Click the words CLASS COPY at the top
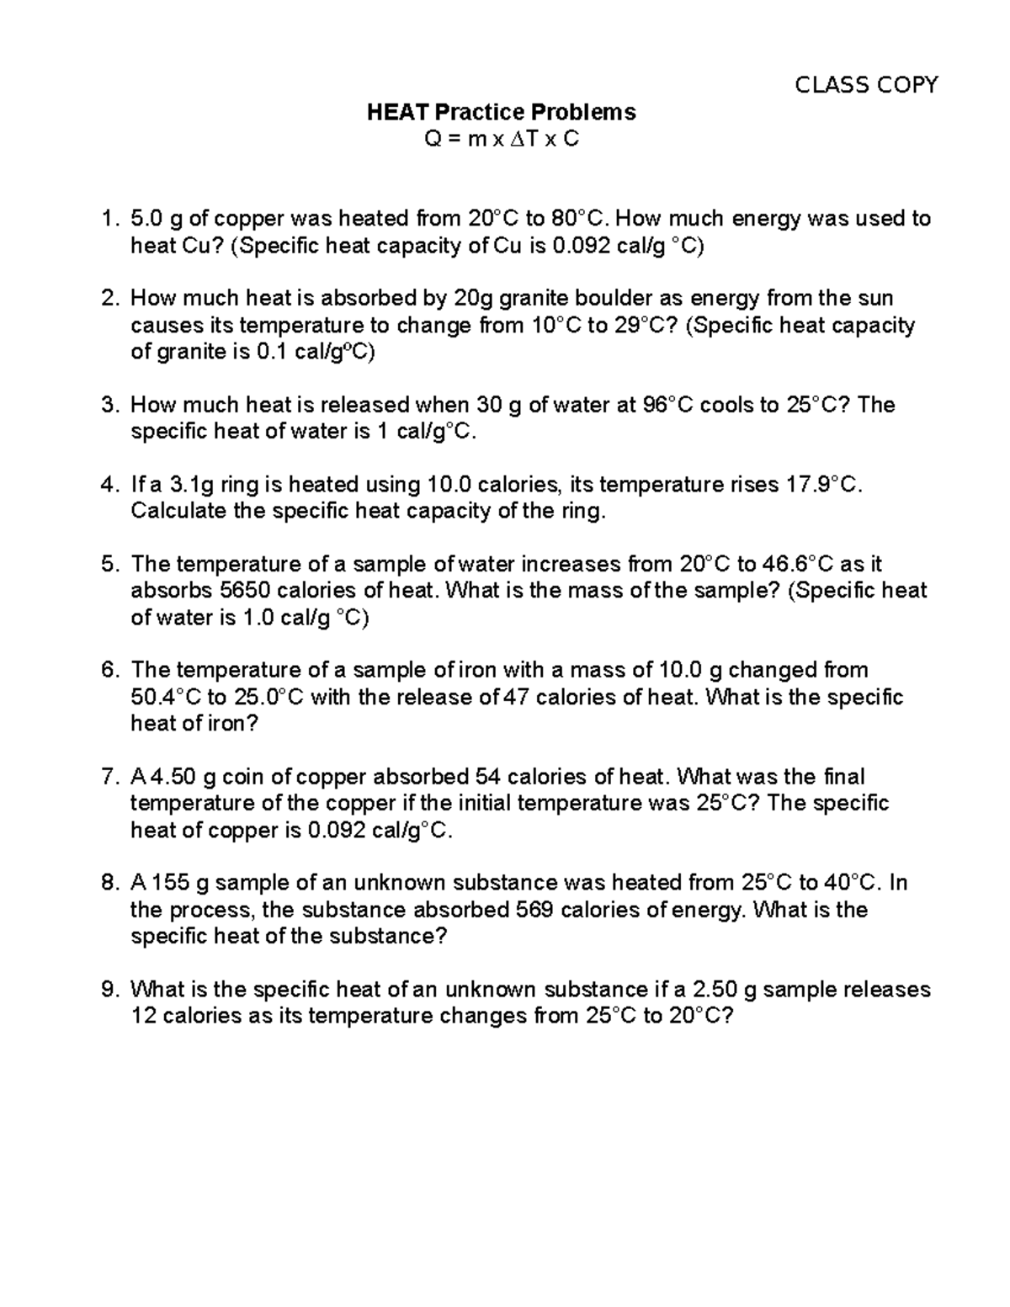tap(866, 85)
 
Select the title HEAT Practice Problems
tap(501, 112)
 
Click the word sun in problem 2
tap(875, 299)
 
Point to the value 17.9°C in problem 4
tap(823, 485)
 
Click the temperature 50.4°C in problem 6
tap(166, 698)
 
